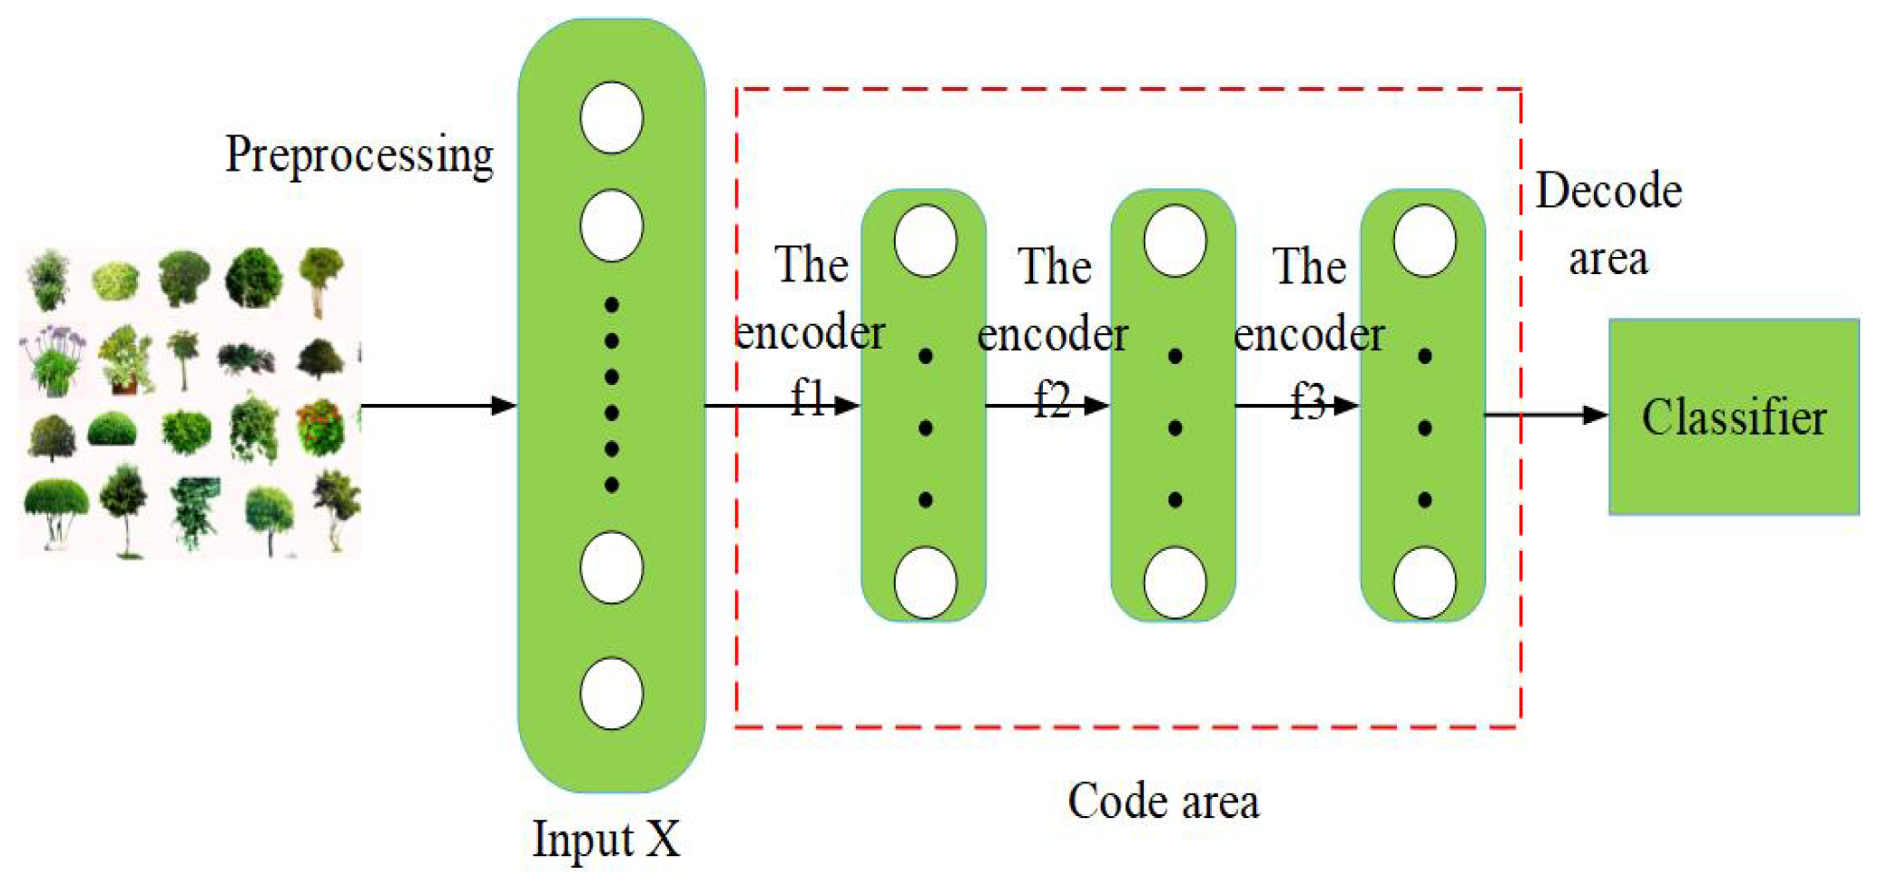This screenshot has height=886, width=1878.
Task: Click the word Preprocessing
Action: [359, 155]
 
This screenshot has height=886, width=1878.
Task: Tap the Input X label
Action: [605, 839]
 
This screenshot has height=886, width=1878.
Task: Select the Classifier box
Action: [1734, 418]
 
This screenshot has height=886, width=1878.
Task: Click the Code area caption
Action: [1163, 802]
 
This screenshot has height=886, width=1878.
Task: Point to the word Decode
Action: [1608, 192]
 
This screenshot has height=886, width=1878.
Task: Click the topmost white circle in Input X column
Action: [612, 118]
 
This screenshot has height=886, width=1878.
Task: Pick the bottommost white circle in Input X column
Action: [612, 694]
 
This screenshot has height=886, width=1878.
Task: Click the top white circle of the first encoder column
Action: [925, 241]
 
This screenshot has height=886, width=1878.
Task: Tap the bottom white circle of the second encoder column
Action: [1175, 582]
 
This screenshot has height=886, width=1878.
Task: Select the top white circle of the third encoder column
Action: [1424, 241]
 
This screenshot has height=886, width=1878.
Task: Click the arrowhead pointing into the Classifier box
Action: [1594, 416]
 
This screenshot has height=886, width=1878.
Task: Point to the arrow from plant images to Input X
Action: [436, 405]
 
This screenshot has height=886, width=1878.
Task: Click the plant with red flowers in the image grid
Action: [320, 427]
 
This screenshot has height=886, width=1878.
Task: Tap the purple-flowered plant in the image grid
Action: [53, 359]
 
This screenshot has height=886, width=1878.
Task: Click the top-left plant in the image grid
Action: [49, 280]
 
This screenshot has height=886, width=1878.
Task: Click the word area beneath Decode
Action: [1608, 260]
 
